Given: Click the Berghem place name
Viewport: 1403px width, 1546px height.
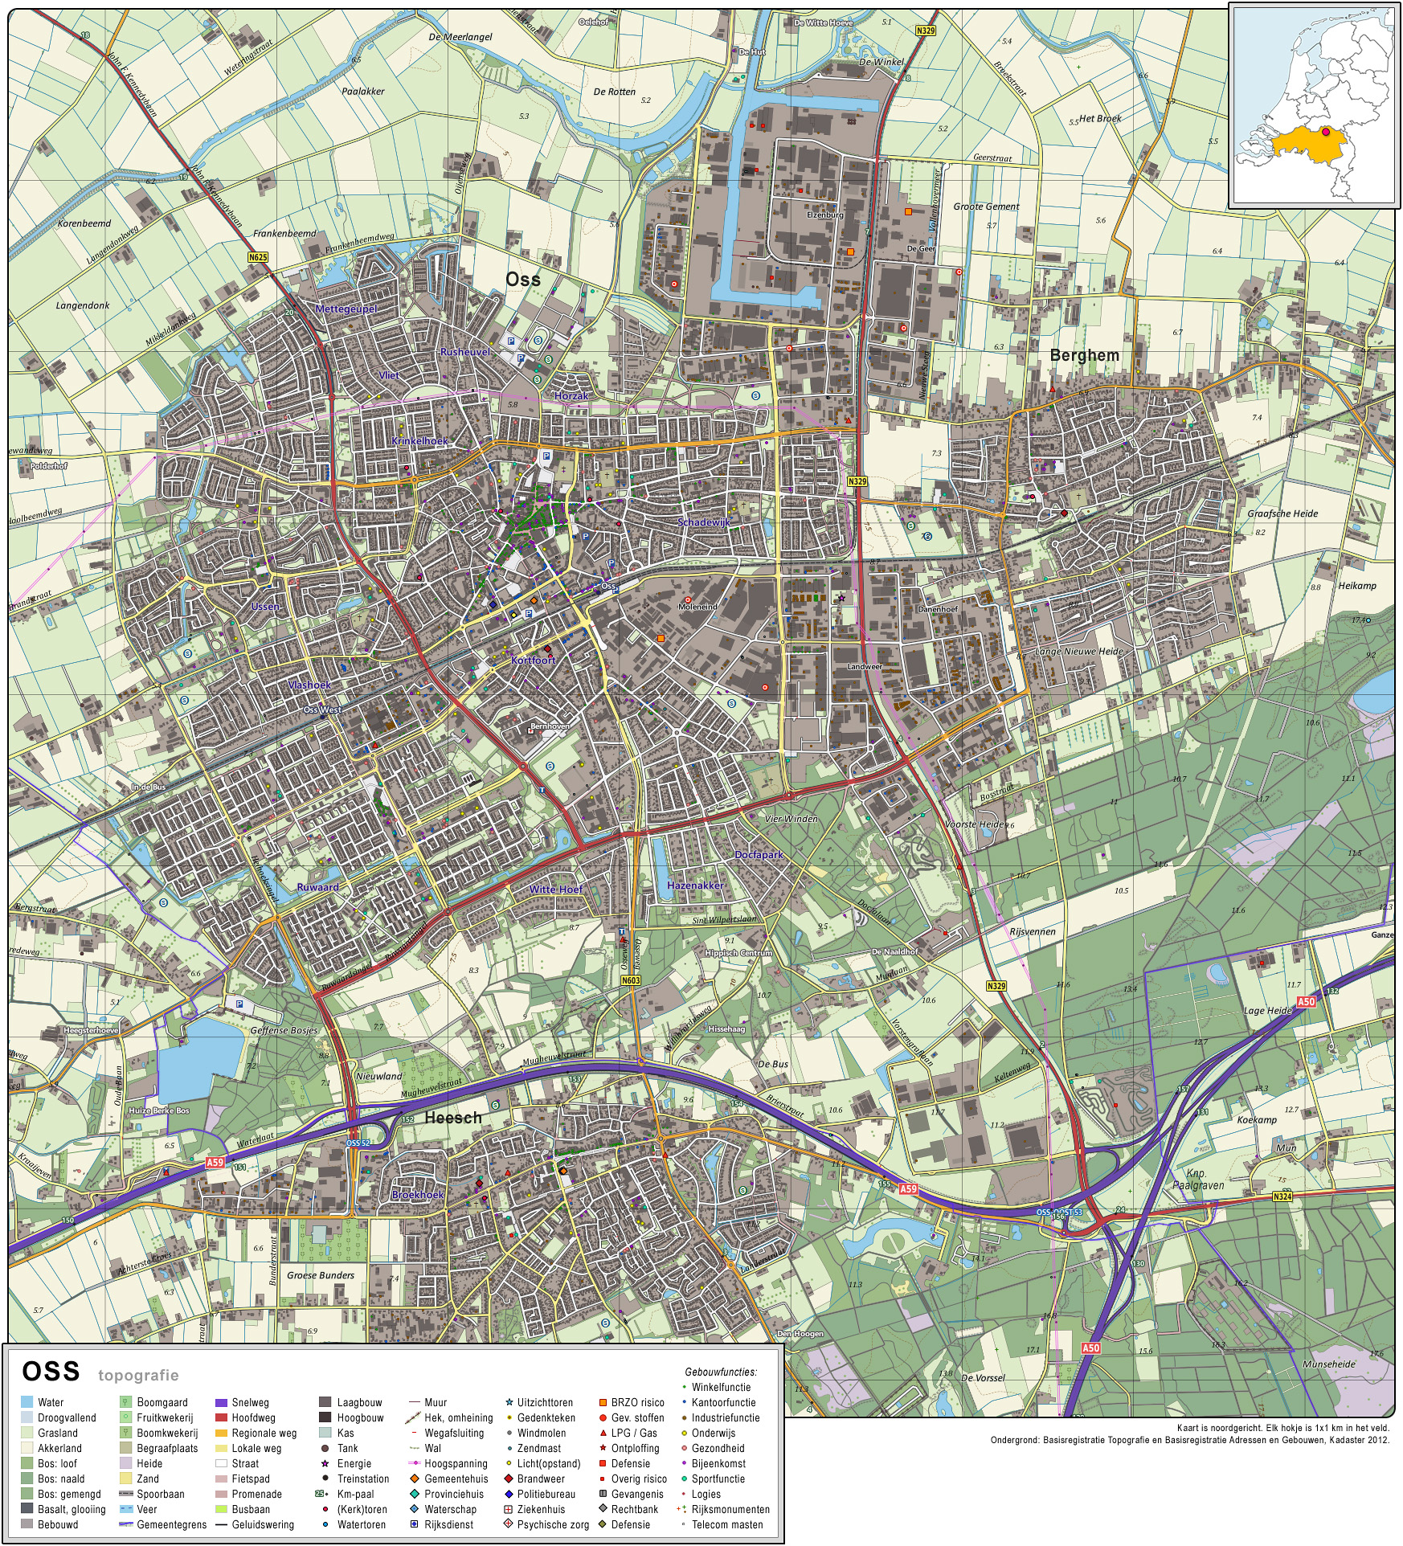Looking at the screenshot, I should [1084, 355].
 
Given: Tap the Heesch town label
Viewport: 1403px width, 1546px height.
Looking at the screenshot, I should [453, 1118].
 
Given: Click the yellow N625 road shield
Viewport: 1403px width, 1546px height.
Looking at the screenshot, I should [257, 257].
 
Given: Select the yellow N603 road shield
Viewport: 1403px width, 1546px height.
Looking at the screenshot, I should [631, 980].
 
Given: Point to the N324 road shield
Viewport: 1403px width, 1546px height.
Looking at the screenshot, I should [1282, 1196].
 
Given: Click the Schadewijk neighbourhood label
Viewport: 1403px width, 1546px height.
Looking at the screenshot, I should [704, 522].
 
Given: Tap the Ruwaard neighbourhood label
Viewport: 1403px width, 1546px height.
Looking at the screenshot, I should [317, 887].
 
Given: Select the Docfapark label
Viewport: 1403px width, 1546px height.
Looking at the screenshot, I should [759, 855].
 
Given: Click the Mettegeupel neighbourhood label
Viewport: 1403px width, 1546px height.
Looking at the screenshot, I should [346, 309].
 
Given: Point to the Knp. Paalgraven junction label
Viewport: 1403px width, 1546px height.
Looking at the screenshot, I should [1197, 1179].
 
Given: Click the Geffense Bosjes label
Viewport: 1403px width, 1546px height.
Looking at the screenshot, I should [284, 1030].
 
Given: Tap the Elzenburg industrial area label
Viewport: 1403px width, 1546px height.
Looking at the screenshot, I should [825, 215].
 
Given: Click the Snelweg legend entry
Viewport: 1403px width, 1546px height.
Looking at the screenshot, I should [250, 1402].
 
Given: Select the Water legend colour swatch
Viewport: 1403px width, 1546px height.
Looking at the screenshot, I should [27, 1402].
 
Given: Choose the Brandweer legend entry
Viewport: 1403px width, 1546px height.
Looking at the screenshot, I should [540, 1479].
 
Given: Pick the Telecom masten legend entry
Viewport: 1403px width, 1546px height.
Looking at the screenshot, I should [727, 1524].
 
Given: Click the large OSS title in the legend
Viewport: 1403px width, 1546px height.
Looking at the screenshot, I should [51, 1372].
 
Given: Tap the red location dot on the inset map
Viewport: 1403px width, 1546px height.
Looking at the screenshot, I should [1326, 132].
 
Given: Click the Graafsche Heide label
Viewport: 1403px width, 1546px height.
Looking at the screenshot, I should [1282, 513].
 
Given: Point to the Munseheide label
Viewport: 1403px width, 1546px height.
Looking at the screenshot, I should [1329, 1364].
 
